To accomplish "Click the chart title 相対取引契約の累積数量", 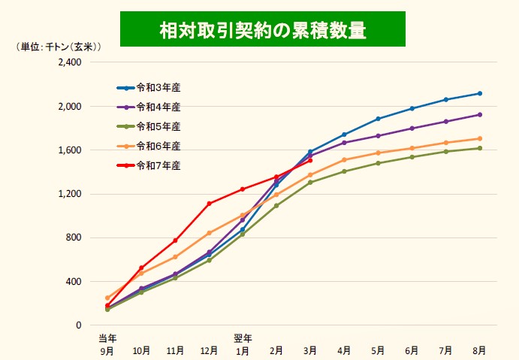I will (262, 29).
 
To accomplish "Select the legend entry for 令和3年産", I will (158, 87).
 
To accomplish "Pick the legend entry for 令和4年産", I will (158, 107).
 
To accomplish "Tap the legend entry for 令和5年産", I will (158, 126).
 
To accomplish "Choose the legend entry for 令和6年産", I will (158, 146).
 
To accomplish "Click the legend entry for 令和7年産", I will (158, 165).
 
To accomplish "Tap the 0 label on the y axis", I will (78, 325).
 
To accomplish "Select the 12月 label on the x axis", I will (209, 350).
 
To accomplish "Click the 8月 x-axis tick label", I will (479, 350).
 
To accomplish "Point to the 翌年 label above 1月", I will (243, 338).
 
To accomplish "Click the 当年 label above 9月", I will (107, 338).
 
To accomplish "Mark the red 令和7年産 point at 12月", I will (209, 204).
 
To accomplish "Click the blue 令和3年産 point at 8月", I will (479, 93).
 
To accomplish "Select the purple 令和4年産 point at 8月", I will (479, 115).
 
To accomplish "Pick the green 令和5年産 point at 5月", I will (378, 163).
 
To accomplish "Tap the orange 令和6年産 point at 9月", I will (107, 298).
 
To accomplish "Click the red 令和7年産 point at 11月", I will (175, 241).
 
